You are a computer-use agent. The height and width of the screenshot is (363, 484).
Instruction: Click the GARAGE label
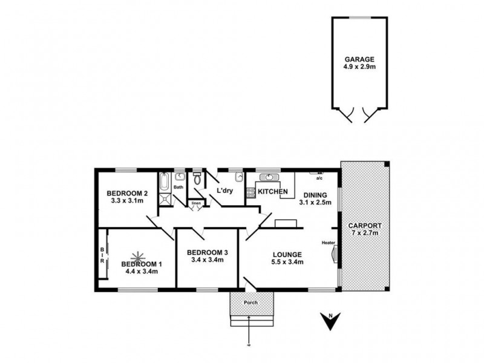pos(359,59)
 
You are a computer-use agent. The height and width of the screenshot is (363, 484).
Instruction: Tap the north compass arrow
pos(330,322)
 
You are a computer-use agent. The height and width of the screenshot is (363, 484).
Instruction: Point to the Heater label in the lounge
pos(329,243)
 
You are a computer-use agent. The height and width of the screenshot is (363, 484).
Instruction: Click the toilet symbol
pos(197,179)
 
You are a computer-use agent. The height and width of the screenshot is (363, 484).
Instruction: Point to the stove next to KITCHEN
pos(250,192)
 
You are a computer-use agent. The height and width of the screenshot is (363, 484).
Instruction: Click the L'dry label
pos(224,191)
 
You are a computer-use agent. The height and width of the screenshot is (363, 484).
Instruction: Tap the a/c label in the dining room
pos(319,178)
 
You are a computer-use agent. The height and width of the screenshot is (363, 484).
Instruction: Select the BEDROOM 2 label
pos(128,193)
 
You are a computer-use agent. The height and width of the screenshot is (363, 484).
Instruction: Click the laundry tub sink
pos(239,178)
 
